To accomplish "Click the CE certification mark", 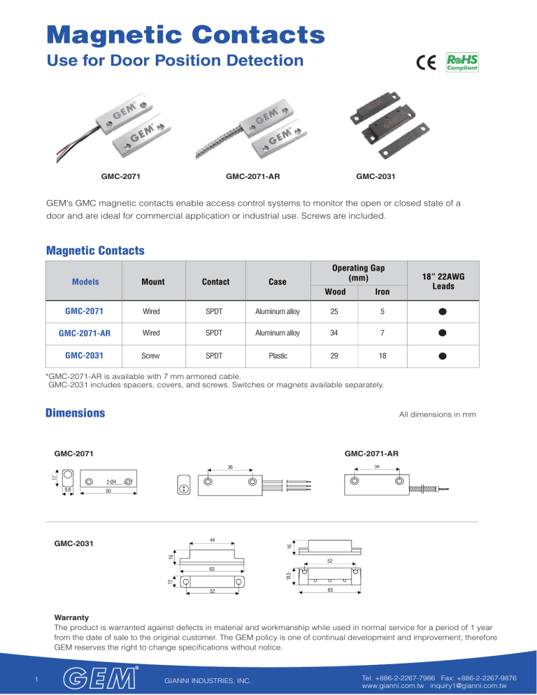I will (426, 63).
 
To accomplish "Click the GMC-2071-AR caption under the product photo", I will (254, 178).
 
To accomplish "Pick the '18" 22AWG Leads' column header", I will (444, 282).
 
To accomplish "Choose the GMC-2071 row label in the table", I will (83, 310).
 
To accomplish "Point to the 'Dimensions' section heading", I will (75, 413).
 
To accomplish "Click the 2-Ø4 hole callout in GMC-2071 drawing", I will (110, 482).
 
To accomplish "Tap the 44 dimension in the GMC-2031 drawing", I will (213, 539).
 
